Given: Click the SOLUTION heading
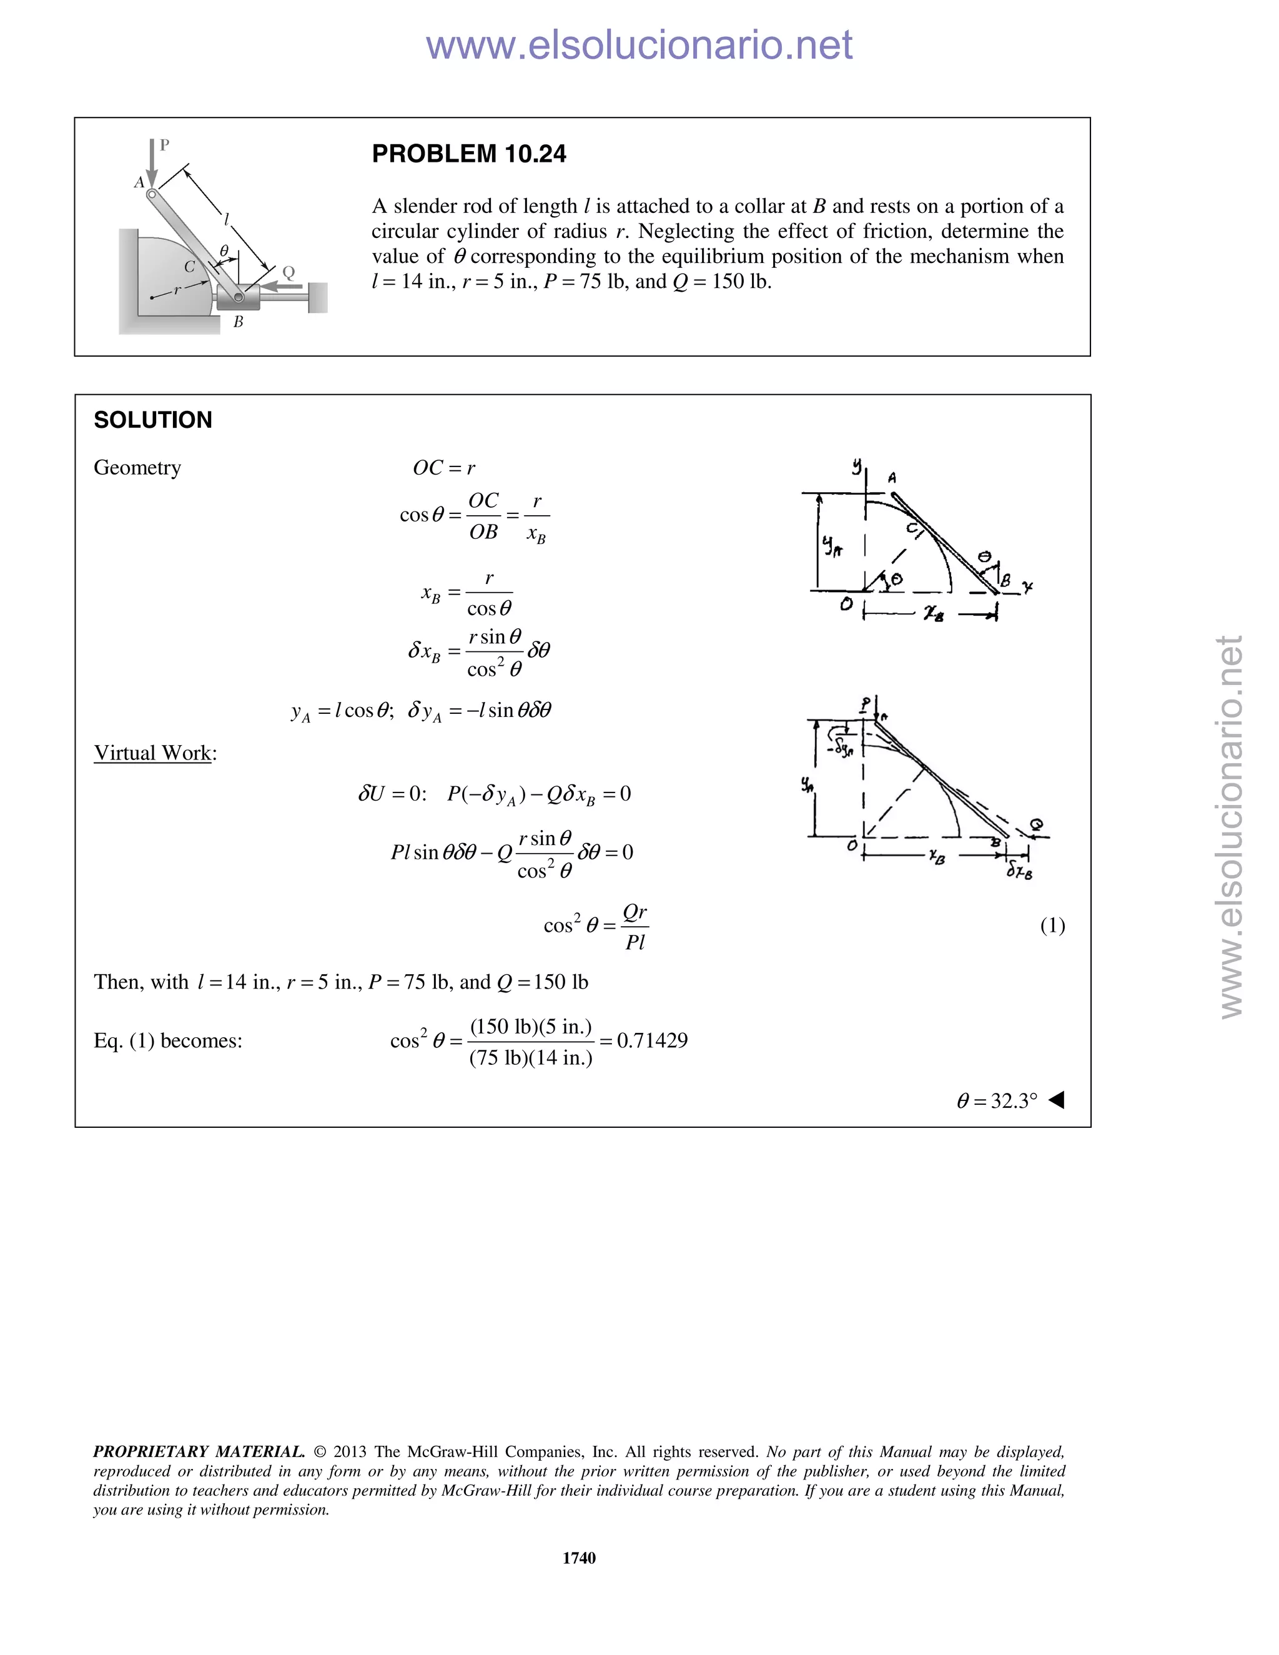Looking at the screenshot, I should coord(153,420).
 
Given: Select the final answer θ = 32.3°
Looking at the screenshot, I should coord(996,1100).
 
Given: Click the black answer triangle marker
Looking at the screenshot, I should coord(1057,1100).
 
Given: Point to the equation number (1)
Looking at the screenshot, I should coord(1052,926).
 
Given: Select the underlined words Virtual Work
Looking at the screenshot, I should coord(152,753).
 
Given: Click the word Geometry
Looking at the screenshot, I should coord(137,468).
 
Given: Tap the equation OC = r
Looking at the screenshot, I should coord(444,468).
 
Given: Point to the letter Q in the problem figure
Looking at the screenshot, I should coord(289,272).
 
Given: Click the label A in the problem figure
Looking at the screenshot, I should coord(139,182).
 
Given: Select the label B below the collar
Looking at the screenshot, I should coord(238,321).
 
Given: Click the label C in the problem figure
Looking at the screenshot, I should coord(189,267).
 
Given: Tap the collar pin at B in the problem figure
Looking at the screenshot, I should coord(238,297).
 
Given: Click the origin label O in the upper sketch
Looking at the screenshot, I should coord(846,604).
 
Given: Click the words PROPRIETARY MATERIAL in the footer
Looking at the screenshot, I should coord(199,1451).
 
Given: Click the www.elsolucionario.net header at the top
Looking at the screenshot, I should coord(639,45).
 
